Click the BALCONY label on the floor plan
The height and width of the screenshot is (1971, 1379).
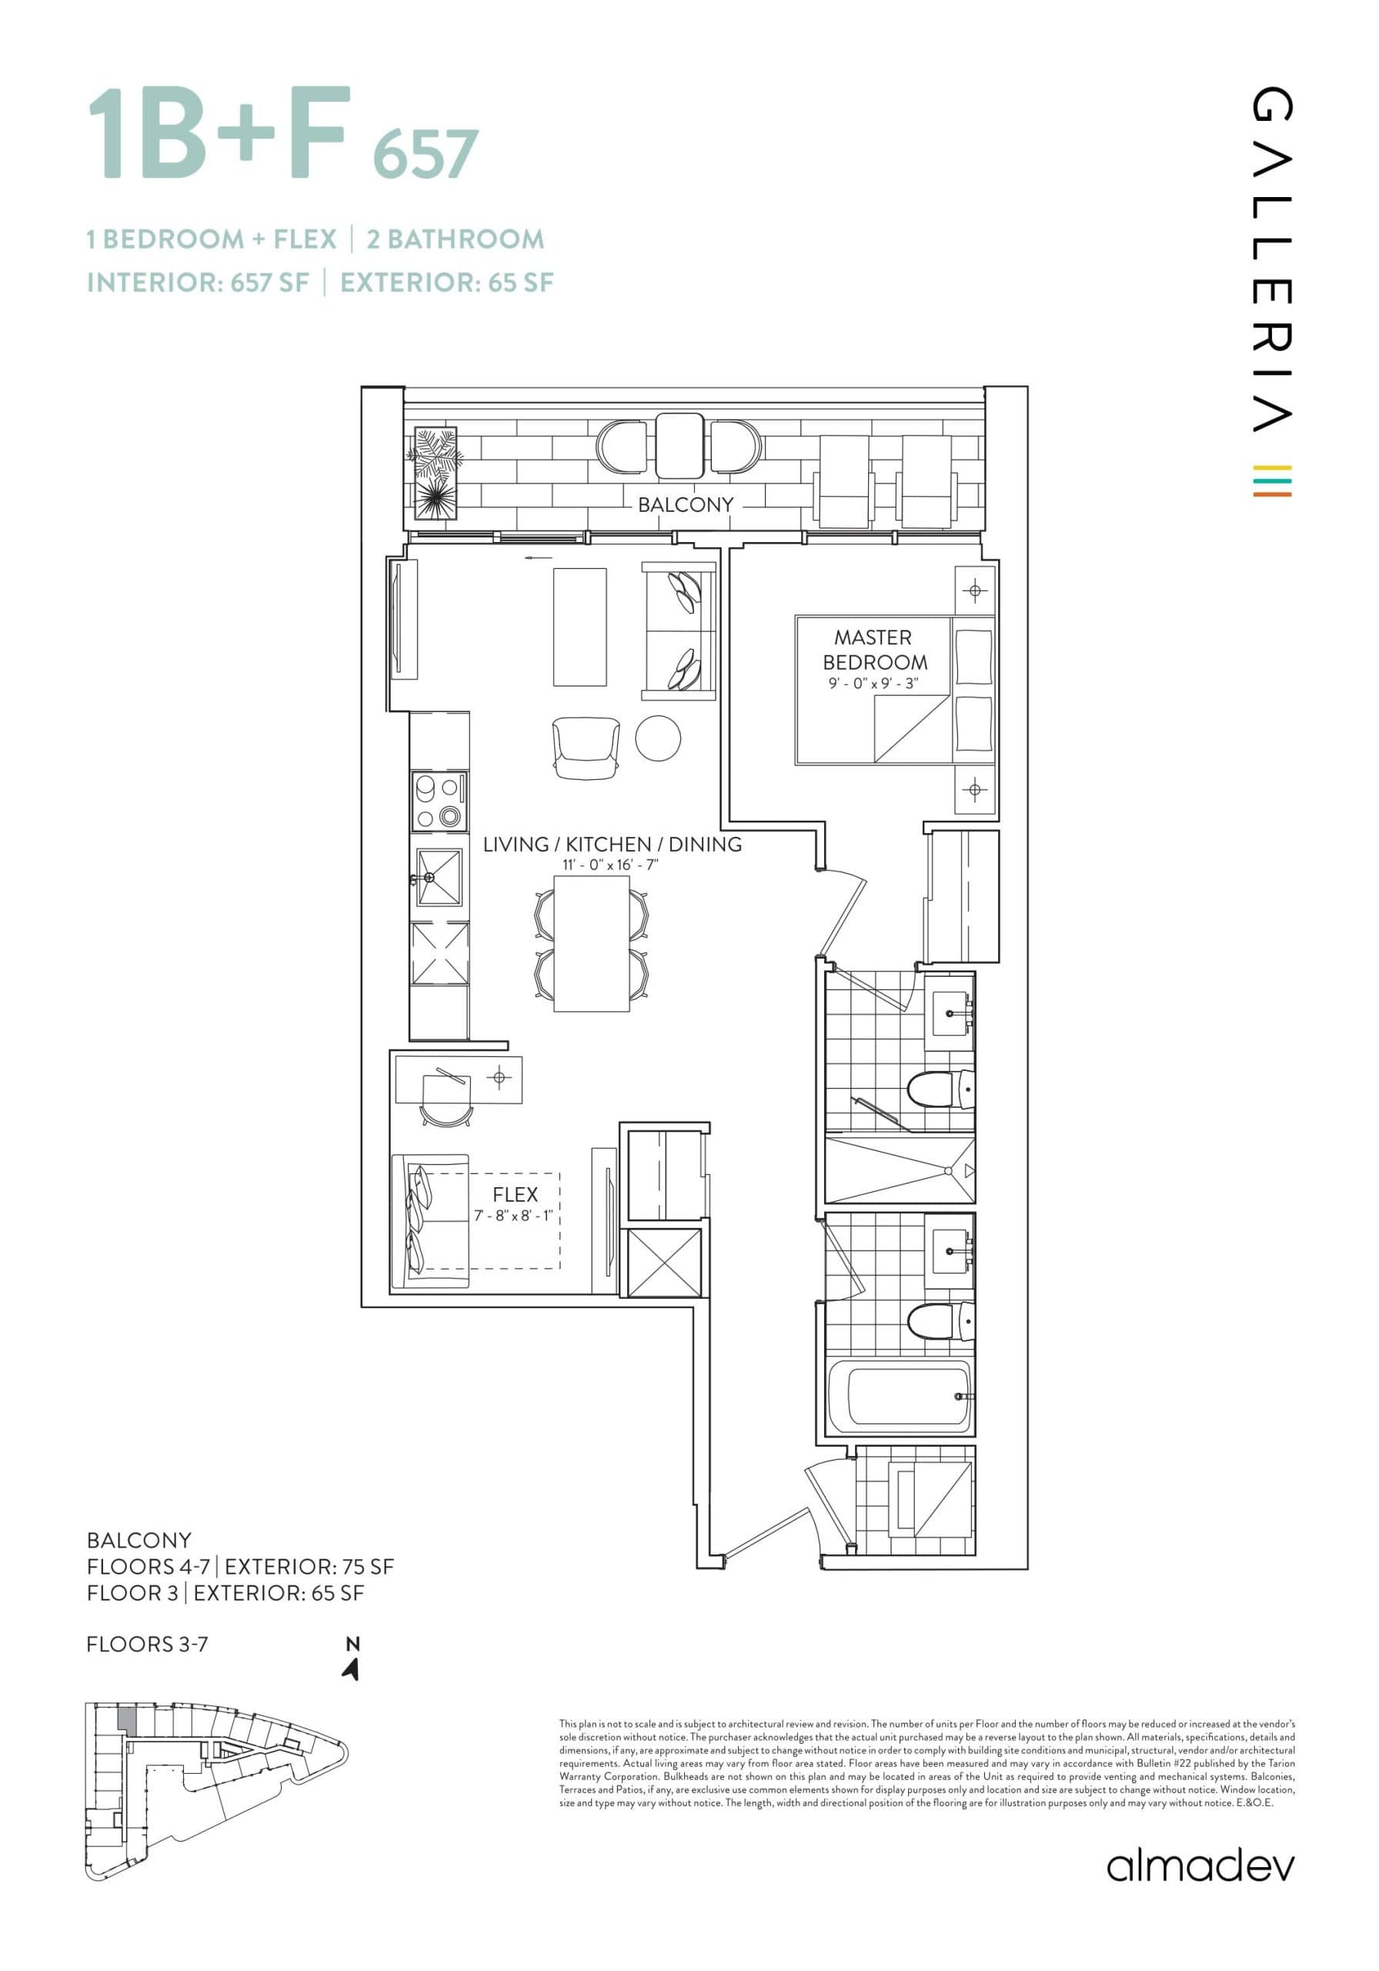pyautogui.click(x=685, y=505)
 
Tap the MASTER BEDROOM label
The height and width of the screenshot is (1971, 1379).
pyautogui.click(x=874, y=650)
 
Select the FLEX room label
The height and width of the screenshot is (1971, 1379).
pyautogui.click(x=515, y=1194)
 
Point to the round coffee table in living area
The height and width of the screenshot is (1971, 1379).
pyautogui.click(x=658, y=737)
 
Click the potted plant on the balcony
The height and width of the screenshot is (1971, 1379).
pyautogui.click(x=436, y=473)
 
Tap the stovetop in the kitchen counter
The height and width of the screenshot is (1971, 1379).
pyautogui.click(x=439, y=800)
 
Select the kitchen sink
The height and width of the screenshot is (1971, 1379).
pyautogui.click(x=439, y=878)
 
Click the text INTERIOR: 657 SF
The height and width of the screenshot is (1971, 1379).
pyautogui.click(x=197, y=283)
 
